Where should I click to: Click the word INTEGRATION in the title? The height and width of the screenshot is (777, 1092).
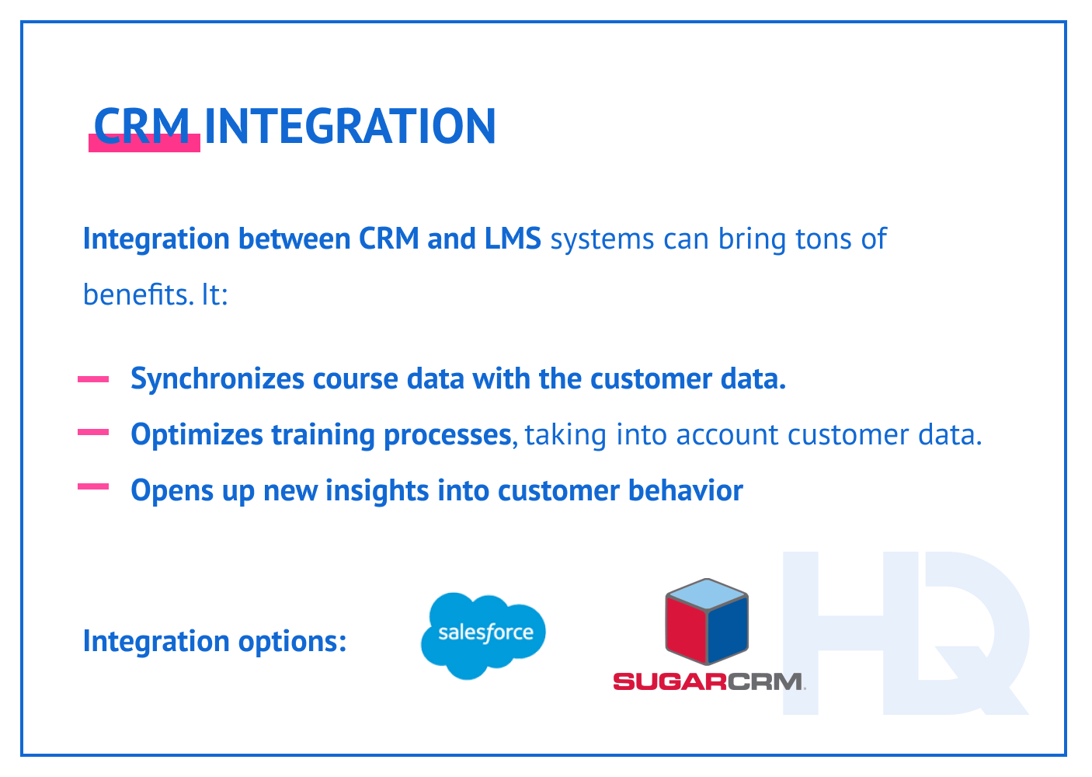(x=350, y=126)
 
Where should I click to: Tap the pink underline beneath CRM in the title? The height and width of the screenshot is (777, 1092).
(x=144, y=145)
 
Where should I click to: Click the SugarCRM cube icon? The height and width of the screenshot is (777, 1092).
(x=707, y=622)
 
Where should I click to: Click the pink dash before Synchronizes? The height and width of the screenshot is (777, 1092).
(x=93, y=379)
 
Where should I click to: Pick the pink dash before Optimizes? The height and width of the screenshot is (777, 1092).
(x=93, y=434)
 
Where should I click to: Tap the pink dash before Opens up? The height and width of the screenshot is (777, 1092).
(x=93, y=487)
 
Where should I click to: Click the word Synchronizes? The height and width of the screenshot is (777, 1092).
(x=217, y=379)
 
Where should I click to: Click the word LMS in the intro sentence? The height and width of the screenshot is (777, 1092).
(x=513, y=239)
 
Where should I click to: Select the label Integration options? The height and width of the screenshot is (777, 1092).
(x=214, y=641)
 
